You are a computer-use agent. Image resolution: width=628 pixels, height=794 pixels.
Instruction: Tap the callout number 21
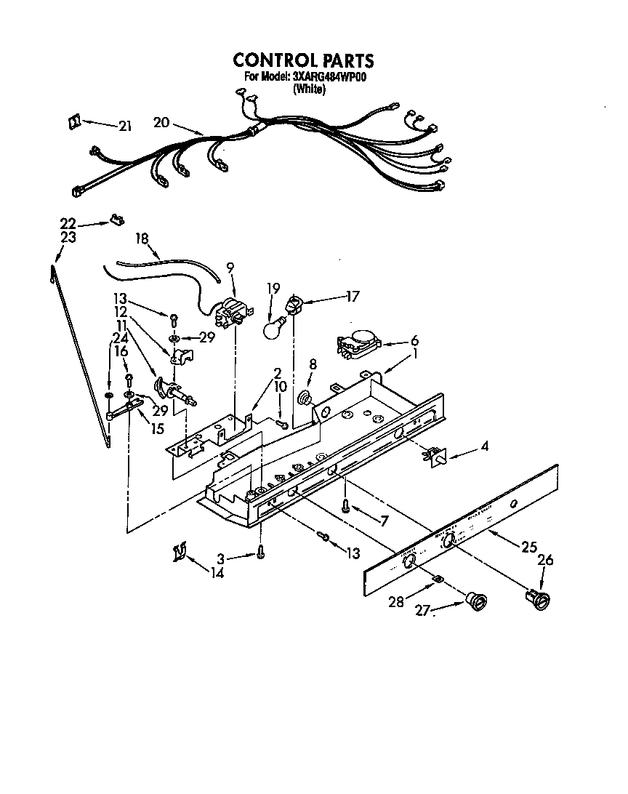pos(126,127)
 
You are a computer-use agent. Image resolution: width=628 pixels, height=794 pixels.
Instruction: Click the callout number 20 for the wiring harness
pos(161,123)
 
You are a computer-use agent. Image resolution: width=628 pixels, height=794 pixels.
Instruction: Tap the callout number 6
pos(414,340)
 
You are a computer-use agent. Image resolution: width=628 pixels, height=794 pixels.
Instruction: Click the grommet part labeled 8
pos(305,398)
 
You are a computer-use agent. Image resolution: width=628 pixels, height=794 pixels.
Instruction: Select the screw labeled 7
pos(347,506)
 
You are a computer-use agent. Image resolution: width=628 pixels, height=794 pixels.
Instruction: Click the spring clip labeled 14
pos(180,554)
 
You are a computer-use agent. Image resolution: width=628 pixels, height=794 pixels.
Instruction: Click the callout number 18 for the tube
pos(142,238)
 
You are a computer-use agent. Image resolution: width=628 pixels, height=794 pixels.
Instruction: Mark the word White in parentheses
pos(308,89)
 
